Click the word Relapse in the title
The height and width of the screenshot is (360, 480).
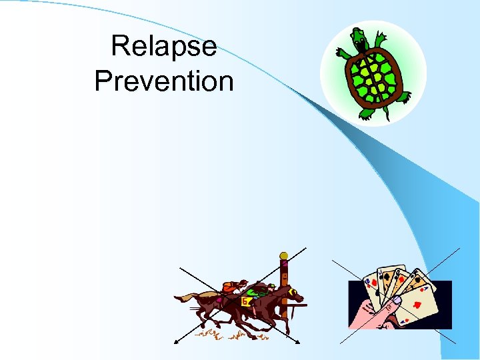(164, 46)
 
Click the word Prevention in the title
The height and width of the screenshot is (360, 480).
(164, 81)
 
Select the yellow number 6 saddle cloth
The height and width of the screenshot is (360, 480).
(245, 301)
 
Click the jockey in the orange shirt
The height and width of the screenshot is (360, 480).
(229, 287)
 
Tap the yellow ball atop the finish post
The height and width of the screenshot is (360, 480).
(283, 256)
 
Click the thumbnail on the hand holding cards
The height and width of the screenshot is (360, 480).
(395, 301)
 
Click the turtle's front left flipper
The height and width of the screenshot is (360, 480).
(345, 53)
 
